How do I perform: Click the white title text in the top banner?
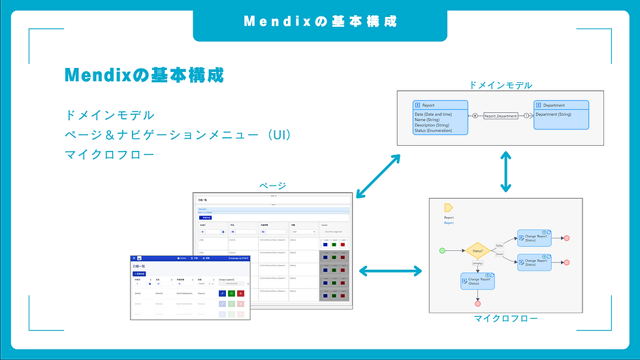pyautogui.click(x=320, y=21)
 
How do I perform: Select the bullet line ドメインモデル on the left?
pyautogui.click(x=110, y=115)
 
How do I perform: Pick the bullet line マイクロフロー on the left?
pyautogui.click(x=110, y=155)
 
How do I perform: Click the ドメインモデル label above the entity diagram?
pyautogui.click(x=500, y=85)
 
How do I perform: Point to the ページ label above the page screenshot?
pyautogui.click(x=273, y=186)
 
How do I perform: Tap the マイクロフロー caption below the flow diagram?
pyautogui.click(x=505, y=318)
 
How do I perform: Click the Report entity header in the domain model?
pyautogui.click(x=440, y=105)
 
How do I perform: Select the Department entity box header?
pyautogui.click(x=561, y=105)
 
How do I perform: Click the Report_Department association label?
pyautogui.click(x=500, y=116)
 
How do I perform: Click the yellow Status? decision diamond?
pyautogui.click(x=478, y=250)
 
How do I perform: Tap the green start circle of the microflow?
pyautogui.click(x=443, y=250)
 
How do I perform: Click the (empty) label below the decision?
pyautogui.click(x=478, y=263)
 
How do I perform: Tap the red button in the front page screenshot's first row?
pyautogui.click(x=240, y=295)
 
